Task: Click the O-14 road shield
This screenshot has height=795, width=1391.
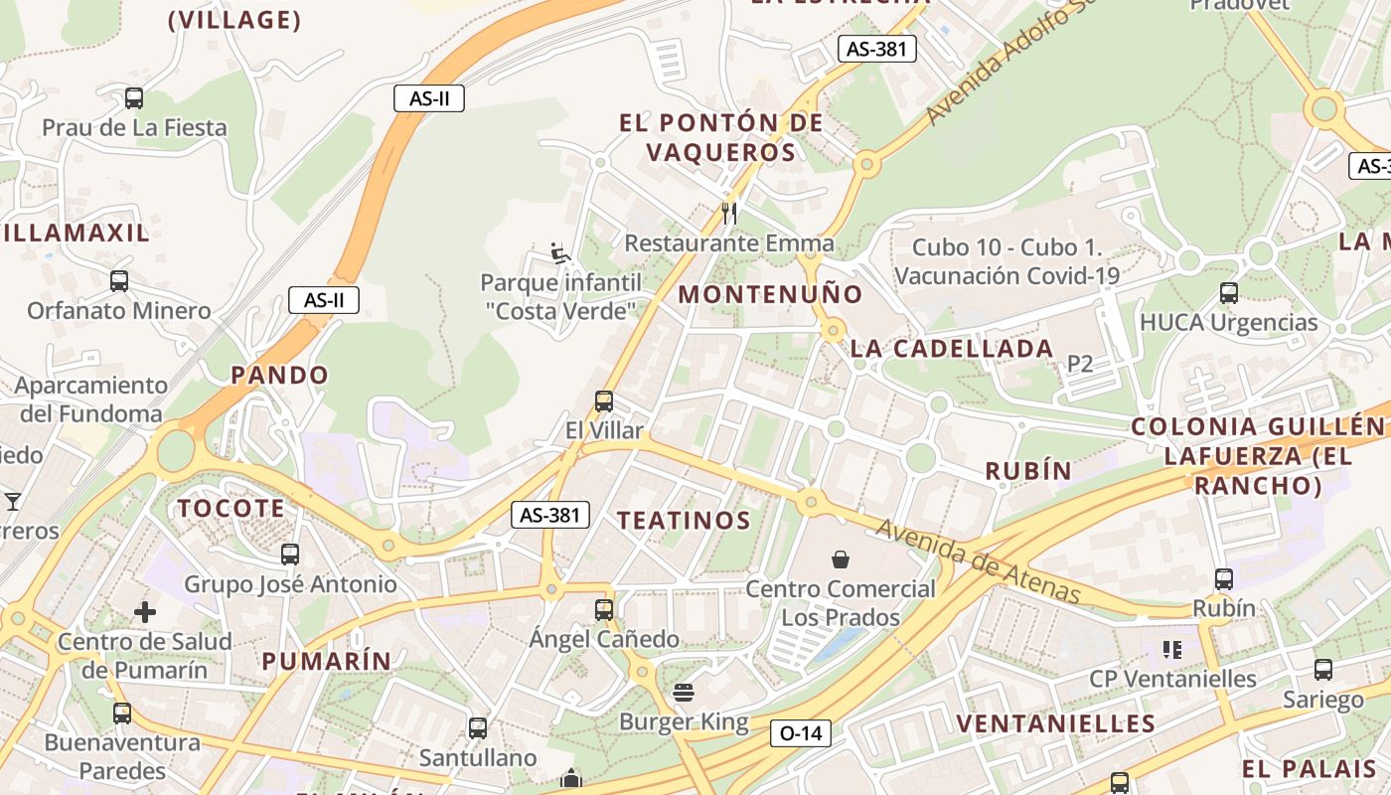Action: click(x=800, y=733)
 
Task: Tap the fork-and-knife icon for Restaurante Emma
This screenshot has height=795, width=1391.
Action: click(x=729, y=212)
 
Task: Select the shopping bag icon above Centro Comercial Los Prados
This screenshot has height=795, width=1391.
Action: click(x=841, y=559)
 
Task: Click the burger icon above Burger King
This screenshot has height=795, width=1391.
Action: click(x=683, y=692)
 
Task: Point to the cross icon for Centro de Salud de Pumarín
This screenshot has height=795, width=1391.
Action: click(x=145, y=611)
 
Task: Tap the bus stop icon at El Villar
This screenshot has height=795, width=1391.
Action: click(x=603, y=401)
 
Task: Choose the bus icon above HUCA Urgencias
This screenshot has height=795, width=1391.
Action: click(x=1229, y=292)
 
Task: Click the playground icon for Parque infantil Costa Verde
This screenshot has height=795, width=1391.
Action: click(x=560, y=253)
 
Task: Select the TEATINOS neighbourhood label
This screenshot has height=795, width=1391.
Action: click(x=684, y=521)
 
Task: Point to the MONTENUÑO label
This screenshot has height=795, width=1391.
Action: click(x=771, y=294)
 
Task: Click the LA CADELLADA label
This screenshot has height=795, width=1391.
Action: click(x=952, y=349)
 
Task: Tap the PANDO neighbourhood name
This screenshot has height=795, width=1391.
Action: click(x=279, y=375)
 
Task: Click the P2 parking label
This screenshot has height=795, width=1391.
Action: click(x=1080, y=364)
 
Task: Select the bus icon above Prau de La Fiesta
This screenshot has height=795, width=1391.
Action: click(x=134, y=98)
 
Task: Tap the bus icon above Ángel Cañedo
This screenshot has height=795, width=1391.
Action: click(x=603, y=609)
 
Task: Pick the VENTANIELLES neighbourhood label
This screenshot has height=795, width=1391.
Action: click(x=1056, y=723)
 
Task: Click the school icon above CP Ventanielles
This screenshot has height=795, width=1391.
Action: click(x=1172, y=650)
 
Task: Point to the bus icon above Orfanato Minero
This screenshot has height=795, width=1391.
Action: click(x=119, y=280)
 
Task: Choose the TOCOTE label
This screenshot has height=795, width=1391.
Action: click(x=231, y=509)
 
